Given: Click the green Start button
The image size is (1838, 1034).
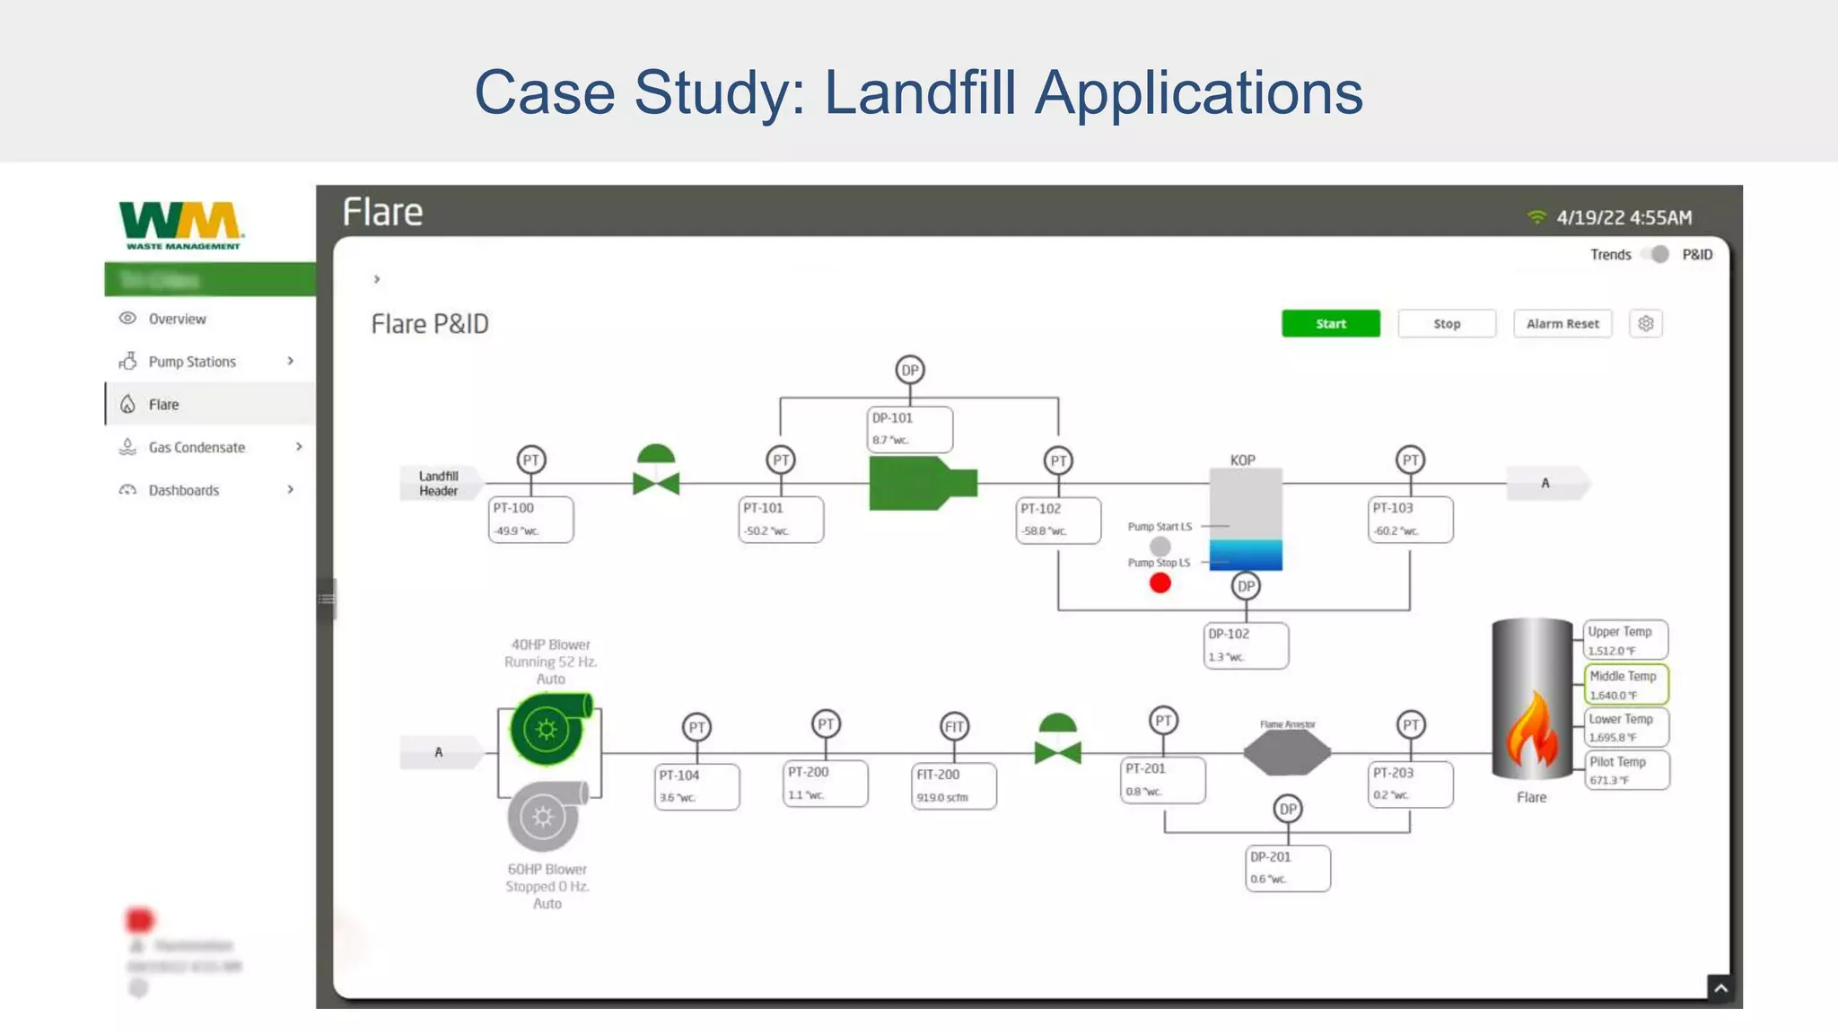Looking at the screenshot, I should pyautogui.click(x=1330, y=324).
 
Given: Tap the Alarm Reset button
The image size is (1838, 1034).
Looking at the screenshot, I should pyautogui.click(x=1562, y=324).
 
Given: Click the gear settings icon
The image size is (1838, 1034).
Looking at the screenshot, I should pyautogui.click(x=1645, y=324).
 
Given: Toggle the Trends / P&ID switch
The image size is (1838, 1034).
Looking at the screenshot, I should pyautogui.click(x=1657, y=255).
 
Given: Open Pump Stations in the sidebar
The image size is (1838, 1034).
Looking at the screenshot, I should pyautogui.click(x=192, y=362).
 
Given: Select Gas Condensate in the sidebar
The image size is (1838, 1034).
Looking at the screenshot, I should pyautogui.click(x=197, y=447).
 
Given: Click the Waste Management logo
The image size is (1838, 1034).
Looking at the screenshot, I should pyautogui.click(x=181, y=224).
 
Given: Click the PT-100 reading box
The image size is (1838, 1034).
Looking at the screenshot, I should pyautogui.click(x=530, y=520).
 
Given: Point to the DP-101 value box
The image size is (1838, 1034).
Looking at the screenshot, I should pyautogui.click(x=909, y=429).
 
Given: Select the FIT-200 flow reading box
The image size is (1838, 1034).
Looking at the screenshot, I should pyautogui.click(x=953, y=785).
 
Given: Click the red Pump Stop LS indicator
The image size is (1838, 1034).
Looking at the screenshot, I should pyautogui.click(x=1160, y=583).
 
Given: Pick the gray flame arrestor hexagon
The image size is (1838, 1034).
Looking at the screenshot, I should pyautogui.click(x=1287, y=752).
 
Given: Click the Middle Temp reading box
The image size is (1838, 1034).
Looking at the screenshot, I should pyautogui.click(x=1625, y=685).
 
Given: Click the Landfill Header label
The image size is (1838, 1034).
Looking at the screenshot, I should pyautogui.click(x=438, y=484).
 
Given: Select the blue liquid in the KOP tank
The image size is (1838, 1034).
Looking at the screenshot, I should pyautogui.click(x=1245, y=555).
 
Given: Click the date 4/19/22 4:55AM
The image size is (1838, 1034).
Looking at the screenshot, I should pyautogui.click(x=1624, y=218).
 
